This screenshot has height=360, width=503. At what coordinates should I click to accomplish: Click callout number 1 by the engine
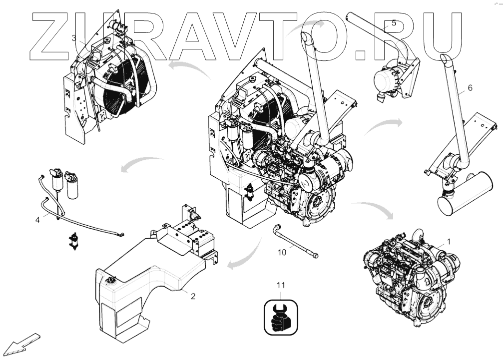(449, 241)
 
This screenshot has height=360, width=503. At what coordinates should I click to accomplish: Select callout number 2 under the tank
(193, 296)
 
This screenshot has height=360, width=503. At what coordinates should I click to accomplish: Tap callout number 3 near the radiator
(74, 38)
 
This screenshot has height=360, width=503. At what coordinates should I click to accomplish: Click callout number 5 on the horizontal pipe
(394, 23)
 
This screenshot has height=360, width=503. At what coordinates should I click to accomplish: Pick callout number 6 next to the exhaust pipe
(470, 88)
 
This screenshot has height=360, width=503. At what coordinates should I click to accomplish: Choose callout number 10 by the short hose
(282, 252)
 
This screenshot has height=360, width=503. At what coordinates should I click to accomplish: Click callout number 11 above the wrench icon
(281, 286)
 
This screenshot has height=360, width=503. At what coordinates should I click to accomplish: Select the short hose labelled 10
(295, 242)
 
